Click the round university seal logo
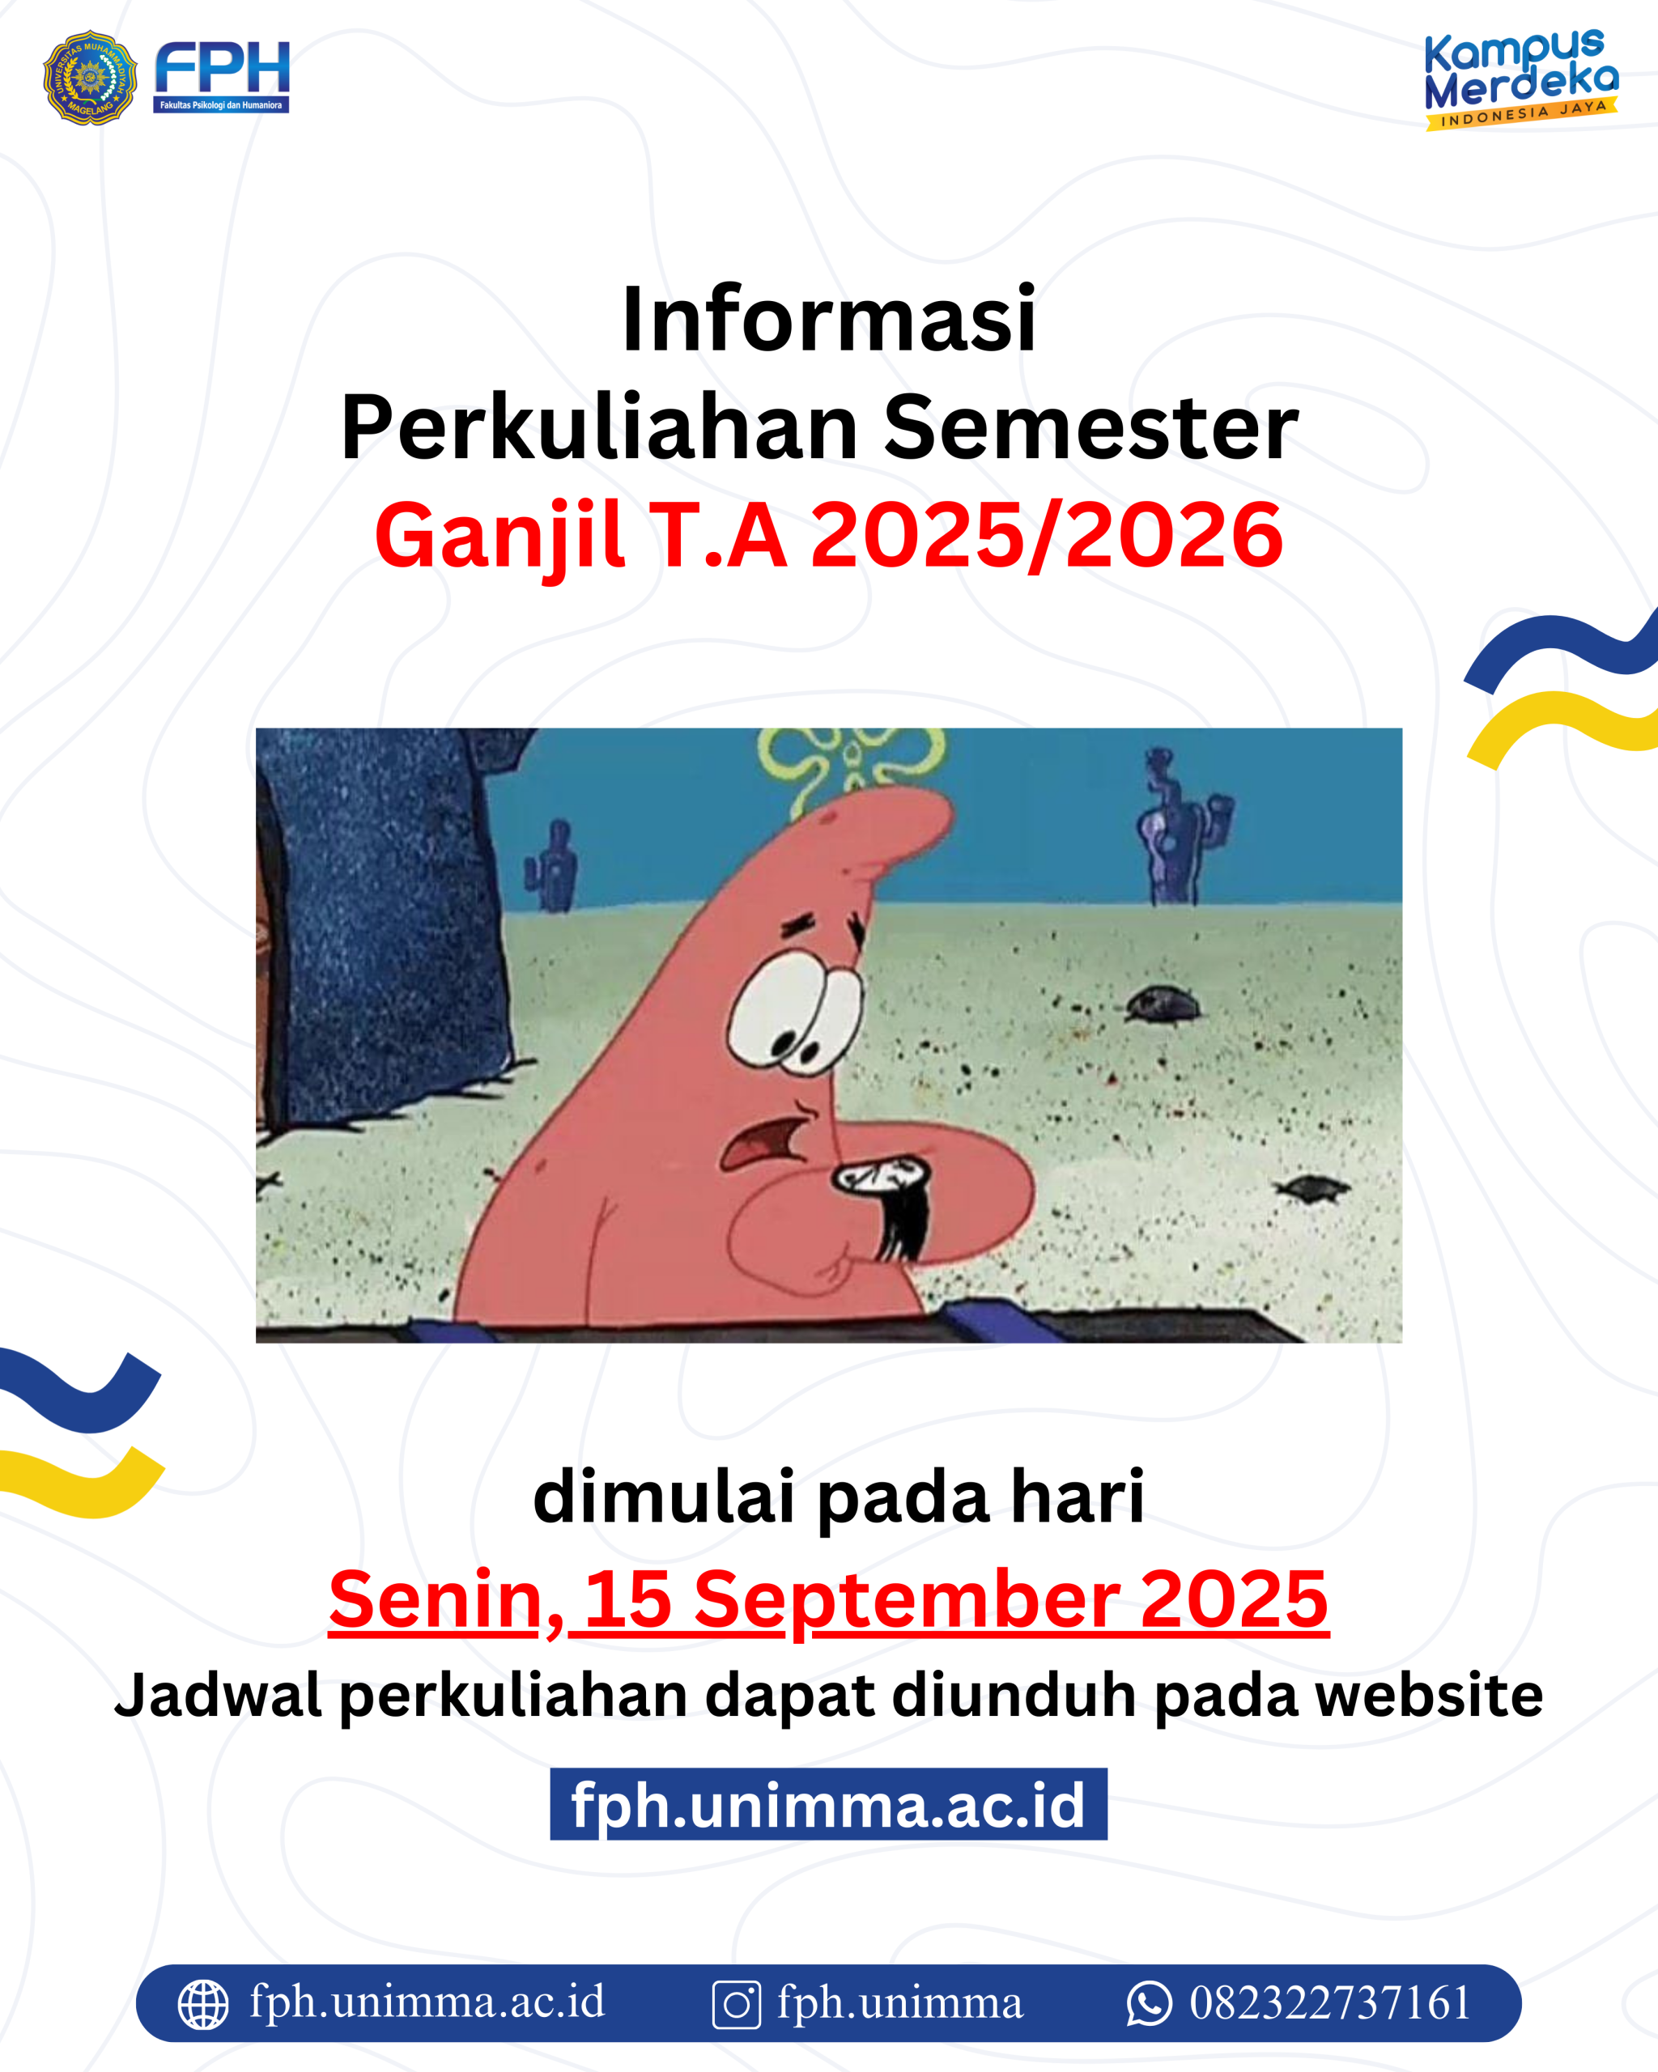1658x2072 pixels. tap(91, 78)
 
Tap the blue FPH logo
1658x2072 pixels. tap(222, 77)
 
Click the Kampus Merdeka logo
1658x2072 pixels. tap(1520, 79)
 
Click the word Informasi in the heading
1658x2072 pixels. tap(828, 319)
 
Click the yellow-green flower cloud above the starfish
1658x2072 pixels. tap(851, 764)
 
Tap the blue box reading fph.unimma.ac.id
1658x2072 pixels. tap(828, 1804)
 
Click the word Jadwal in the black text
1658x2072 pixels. tap(217, 1696)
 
